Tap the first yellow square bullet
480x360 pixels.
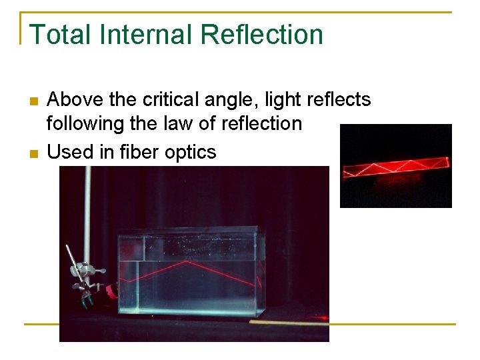[x=33, y=101]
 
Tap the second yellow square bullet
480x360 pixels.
[x=33, y=153]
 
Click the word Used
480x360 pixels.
[x=71, y=152]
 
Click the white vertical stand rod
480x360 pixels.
[x=87, y=213]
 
